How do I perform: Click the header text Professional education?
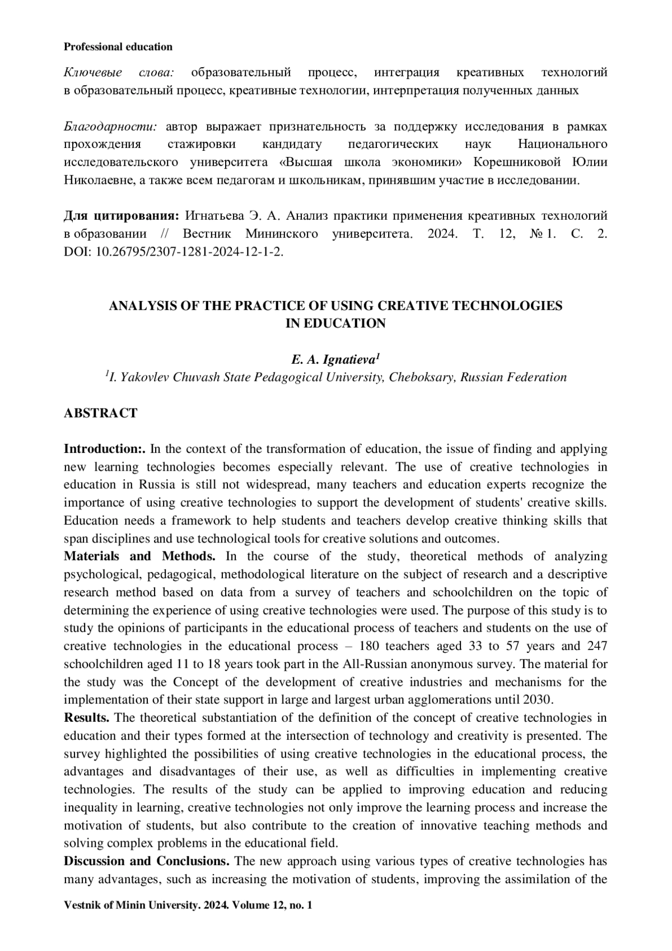118,47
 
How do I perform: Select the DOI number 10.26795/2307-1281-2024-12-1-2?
189,252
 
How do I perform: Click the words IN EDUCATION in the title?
335,323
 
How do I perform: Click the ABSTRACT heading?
100,413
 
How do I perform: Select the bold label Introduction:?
105,449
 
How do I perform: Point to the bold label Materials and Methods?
139,556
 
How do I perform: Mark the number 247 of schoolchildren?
597,646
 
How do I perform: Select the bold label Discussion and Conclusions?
147,861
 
